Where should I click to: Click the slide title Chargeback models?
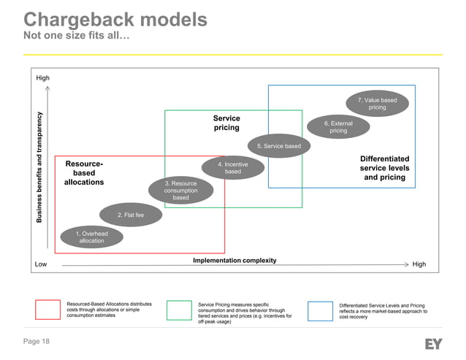point(115,19)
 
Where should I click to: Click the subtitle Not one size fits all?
point(77,37)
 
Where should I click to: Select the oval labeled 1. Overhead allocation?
point(92,237)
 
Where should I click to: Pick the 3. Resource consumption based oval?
point(180,190)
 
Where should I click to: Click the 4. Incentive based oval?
point(232,168)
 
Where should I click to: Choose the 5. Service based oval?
point(283,146)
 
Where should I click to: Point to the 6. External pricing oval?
point(338,127)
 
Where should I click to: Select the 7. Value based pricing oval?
point(377,103)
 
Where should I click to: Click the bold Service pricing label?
point(226,123)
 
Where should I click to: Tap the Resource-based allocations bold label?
point(84,173)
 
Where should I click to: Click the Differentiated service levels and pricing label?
point(384,168)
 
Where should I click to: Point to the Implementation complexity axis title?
point(234,260)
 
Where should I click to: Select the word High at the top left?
point(43,77)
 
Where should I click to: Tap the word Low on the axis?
point(41,264)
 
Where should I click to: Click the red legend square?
point(47,310)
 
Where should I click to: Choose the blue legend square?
point(320,310)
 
